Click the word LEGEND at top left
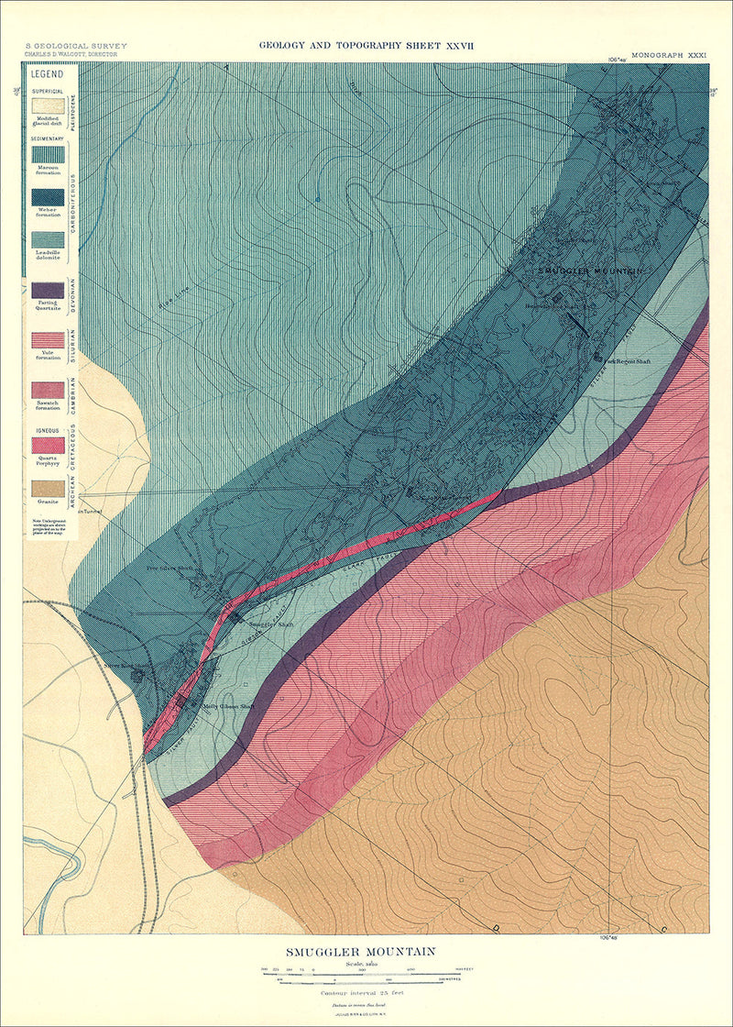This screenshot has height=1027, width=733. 46,72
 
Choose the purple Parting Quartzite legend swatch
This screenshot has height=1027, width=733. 49,290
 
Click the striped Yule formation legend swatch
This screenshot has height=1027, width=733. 49,340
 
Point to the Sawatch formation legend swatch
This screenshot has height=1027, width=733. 49,390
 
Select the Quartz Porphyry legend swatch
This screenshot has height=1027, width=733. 49,445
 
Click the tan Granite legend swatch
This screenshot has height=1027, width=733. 49,488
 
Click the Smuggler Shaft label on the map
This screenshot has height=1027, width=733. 272,623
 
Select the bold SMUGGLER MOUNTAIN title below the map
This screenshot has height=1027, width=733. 366,952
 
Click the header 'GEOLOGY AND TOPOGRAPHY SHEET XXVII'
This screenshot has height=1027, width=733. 366,44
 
